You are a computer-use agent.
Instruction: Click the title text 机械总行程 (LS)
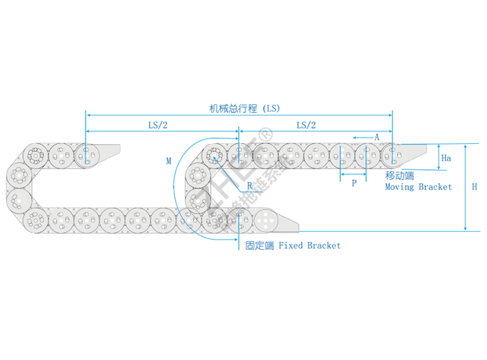point(243,109)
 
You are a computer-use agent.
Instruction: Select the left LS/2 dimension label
point(158,125)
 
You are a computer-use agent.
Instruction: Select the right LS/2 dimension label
point(306,125)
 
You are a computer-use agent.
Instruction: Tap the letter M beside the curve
point(169,161)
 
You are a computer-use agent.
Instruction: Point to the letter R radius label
point(250,186)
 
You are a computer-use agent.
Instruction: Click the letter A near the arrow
point(377,137)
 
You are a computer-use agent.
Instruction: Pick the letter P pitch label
point(354,184)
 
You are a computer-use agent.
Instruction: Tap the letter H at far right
point(474,186)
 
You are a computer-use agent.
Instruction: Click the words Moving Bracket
point(418,186)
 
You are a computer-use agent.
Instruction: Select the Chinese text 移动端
point(399,176)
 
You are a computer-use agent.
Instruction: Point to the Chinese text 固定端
point(259,246)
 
